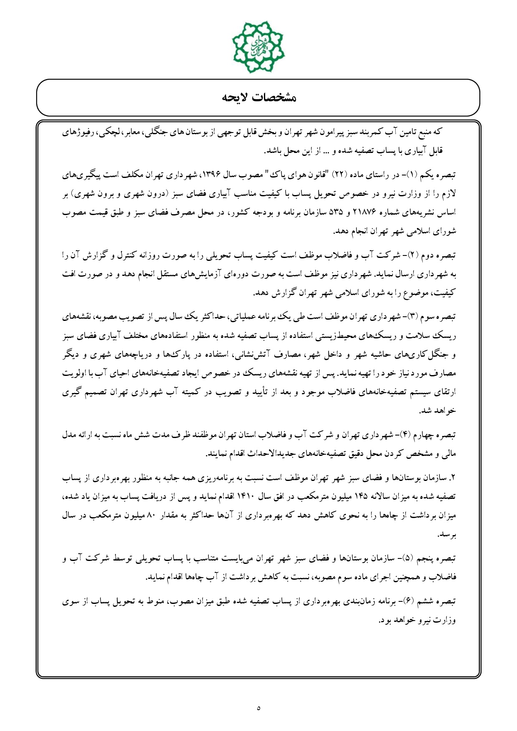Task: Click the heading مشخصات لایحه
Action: pyautogui.click(x=258, y=98)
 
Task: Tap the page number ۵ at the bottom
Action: pyautogui.click(x=258, y=708)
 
